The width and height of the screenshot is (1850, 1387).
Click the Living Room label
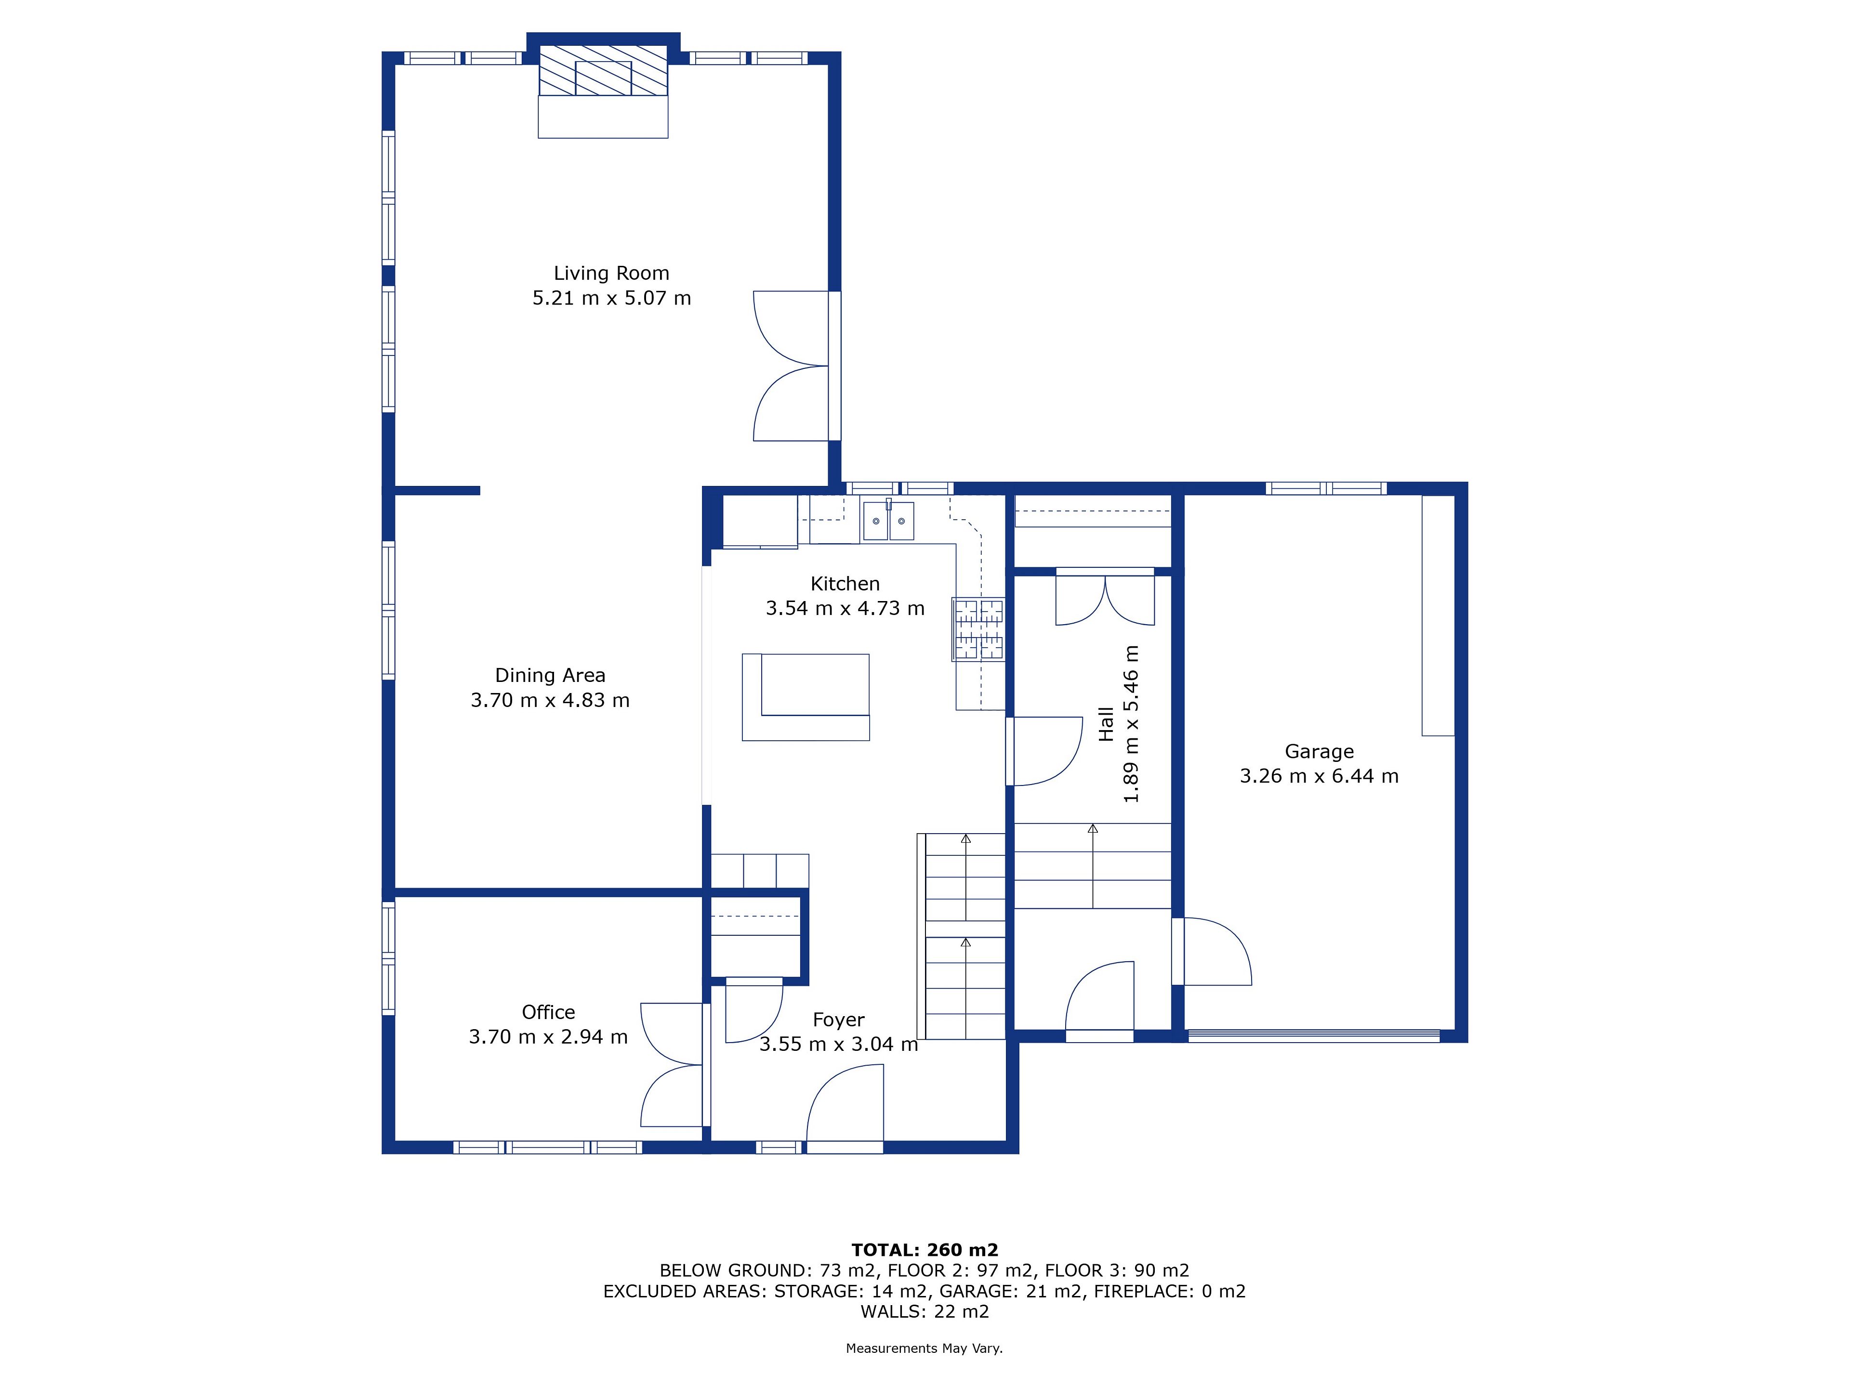(x=611, y=274)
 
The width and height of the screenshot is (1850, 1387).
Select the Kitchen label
(x=845, y=584)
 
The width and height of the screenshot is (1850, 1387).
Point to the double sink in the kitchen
(x=888, y=521)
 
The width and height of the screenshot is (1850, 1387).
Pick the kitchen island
(x=806, y=697)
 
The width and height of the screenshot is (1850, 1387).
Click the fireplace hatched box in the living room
(x=603, y=70)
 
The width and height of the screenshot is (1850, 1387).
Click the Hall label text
(x=1107, y=724)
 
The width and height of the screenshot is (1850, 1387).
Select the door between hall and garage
(x=1213, y=952)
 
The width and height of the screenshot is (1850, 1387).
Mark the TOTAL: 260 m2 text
(x=925, y=1250)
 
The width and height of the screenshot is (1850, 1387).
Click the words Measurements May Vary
(x=924, y=1348)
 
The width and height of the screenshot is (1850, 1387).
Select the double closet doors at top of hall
(x=1105, y=597)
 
